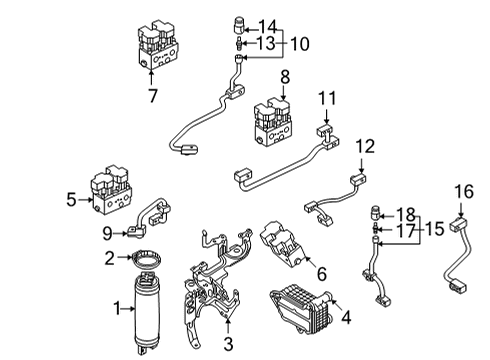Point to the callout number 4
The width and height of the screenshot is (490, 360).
[345, 321]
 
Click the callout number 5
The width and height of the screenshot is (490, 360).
[71, 200]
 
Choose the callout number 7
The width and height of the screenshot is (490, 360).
[152, 97]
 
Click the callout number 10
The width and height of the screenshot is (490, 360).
[298, 44]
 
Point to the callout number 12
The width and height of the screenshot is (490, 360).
[366, 146]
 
